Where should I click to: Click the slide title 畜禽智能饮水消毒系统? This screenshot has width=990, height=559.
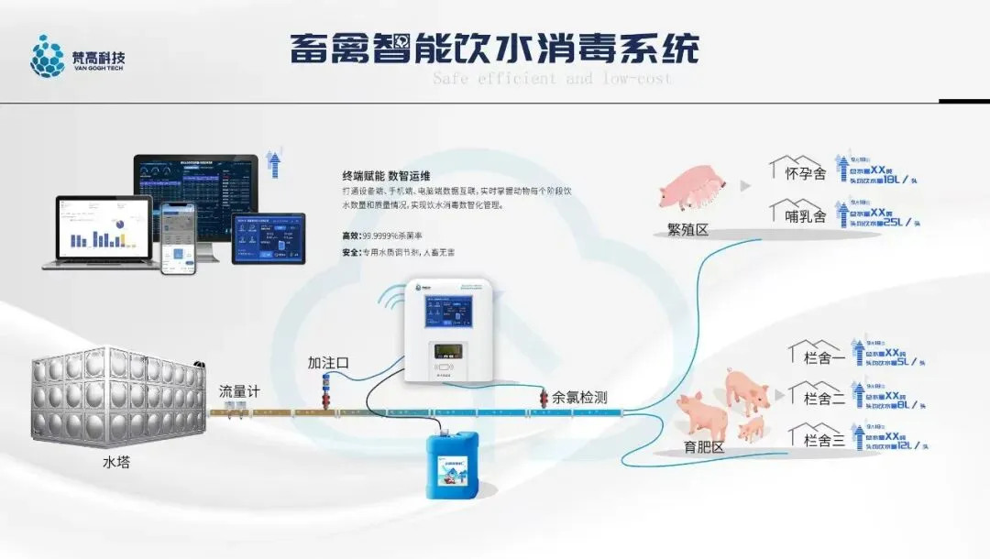click(495, 48)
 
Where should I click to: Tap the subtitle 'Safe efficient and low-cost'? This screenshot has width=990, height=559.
click(552, 79)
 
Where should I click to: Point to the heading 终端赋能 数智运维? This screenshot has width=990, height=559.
click(386, 175)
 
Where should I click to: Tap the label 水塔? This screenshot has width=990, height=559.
click(116, 462)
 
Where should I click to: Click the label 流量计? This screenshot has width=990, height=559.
click(239, 391)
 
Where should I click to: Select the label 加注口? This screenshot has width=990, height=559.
click(328, 362)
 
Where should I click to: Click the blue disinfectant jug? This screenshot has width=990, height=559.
click(452, 466)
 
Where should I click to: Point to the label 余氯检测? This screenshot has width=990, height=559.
click(578, 398)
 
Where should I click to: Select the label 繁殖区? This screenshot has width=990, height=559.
click(688, 230)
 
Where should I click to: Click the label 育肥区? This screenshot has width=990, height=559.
click(705, 447)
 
